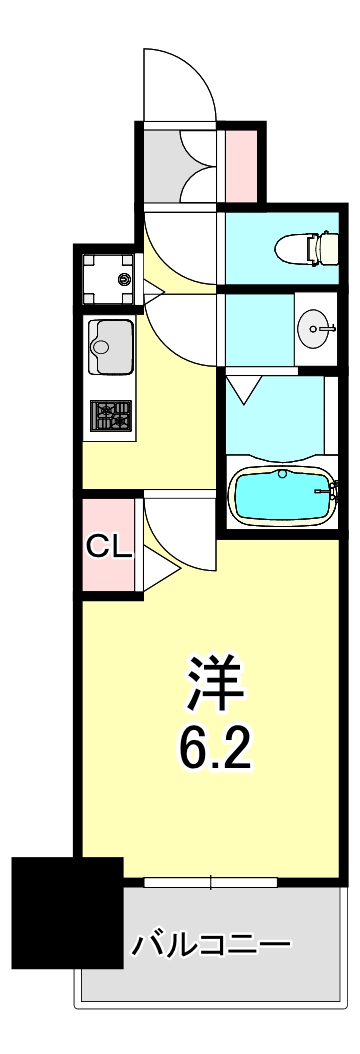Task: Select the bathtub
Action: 281,495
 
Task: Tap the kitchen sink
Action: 110,347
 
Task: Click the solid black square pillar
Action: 67,912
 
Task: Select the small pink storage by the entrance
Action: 241,163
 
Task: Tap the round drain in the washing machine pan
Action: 124,279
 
